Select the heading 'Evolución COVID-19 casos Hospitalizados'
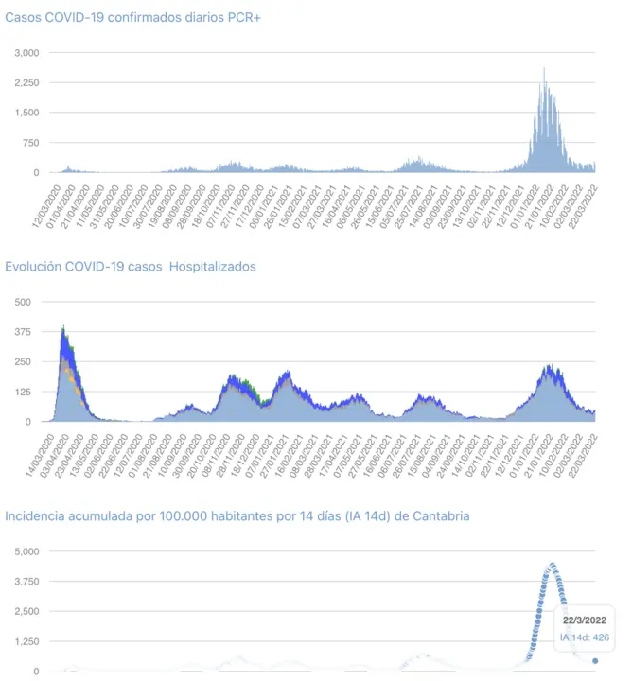pos(131,267)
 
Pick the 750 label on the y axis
pos(31,143)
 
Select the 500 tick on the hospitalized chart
pos(22,302)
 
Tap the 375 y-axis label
pos(22,332)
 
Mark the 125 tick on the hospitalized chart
pos(22,392)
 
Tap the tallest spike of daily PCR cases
pos(544,69)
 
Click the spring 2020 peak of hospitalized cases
pos(63,328)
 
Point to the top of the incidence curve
pos(551,566)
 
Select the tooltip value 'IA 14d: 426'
pos(585,637)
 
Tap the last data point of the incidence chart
pos(595,661)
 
